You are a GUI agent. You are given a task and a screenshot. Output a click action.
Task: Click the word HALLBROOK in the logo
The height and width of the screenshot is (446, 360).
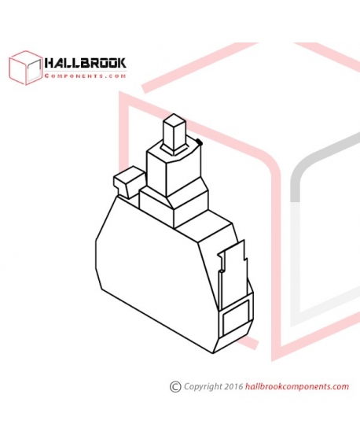[85, 63]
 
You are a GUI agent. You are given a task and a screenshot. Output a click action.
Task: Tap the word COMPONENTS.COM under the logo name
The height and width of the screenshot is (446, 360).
[85, 76]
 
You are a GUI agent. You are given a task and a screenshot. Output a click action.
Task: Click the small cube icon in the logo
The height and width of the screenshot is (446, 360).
[25, 68]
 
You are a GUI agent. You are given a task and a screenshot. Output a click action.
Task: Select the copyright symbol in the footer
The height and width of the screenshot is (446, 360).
[175, 386]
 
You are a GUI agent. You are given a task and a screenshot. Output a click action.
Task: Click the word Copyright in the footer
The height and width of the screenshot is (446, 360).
[203, 387]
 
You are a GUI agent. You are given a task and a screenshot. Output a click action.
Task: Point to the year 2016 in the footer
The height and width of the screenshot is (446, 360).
[233, 386]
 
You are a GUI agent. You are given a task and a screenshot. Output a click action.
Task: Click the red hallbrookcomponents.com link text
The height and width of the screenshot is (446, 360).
[296, 386]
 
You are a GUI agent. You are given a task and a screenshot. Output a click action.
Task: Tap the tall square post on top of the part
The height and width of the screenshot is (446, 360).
[174, 133]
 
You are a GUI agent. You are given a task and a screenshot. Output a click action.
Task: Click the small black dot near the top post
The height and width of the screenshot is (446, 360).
[199, 142]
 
